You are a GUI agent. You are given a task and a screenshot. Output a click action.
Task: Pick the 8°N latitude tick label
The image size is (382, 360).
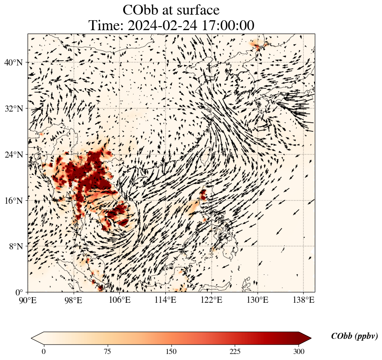coord(16,246)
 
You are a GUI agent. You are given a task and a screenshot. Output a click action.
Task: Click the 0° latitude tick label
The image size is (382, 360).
coord(20,292)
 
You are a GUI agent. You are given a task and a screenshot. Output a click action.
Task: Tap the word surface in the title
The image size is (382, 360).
coord(196,10)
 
